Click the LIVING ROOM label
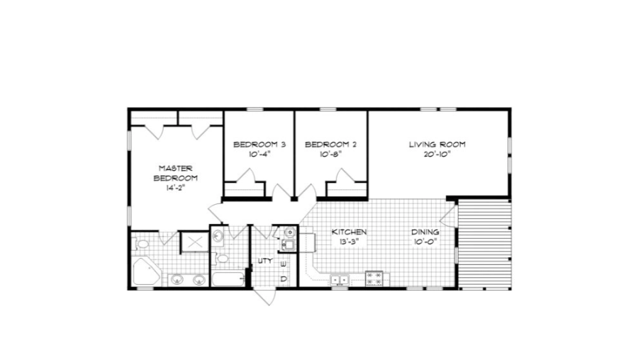click(437, 145)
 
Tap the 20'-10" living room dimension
click(437, 154)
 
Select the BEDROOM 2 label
click(330, 145)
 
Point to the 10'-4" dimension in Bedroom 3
click(260, 154)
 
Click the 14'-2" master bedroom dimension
click(176, 188)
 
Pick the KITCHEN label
click(349, 232)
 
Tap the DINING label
click(425, 232)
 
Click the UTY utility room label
click(265, 260)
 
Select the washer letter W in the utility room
click(284, 264)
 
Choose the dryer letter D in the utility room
click(284, 279)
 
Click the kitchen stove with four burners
click(374, 279)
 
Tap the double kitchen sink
click(340, 280)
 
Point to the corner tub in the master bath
click(146, 271)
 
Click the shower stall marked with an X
click(194, 242)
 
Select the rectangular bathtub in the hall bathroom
click(228, 279)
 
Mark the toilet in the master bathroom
click(140, 244)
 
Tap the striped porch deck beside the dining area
click(485, 244)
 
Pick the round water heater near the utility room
click(289, 232)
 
